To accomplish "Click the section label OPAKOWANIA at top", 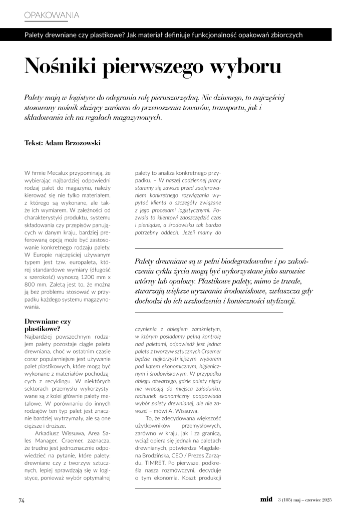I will [52, 15].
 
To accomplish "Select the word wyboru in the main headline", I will [246, 67].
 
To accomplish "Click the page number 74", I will [22, 500].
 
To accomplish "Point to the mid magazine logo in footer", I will [266, 499].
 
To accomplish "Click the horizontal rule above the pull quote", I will [209, 248].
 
